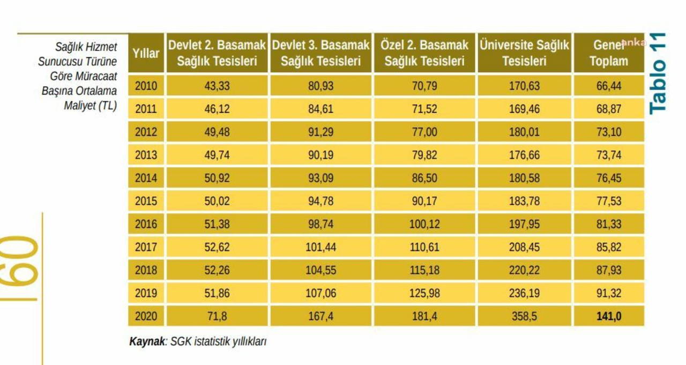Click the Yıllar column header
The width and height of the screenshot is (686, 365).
pyautogui.click(x=146, y=53)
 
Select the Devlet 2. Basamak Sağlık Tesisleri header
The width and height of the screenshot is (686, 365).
pyautogui.click(x=217, y=53)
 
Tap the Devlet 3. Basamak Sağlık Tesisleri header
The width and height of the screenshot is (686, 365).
pyautogui.click(x=320, y=53)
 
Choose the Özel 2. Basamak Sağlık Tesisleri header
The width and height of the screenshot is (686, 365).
pyautogui.click(x=424, y=53)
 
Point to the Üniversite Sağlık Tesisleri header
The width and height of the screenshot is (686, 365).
pyautogui.click(x=524, y=53)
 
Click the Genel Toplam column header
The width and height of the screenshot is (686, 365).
pyautogui.click(x=609, y=53)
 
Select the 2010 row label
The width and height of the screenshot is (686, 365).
pyautogui.click(x=146, y=86)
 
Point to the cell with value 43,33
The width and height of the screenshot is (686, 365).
pyautogui.click(x=217, y=86)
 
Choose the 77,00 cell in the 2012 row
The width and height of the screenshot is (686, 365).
pyautogui.click(x=424, y=132)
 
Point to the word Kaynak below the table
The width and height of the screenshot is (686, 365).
pyautogui.click(x=147, y=341)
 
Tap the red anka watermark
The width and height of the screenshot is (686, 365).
pyautogui.click(x=633, y=43)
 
